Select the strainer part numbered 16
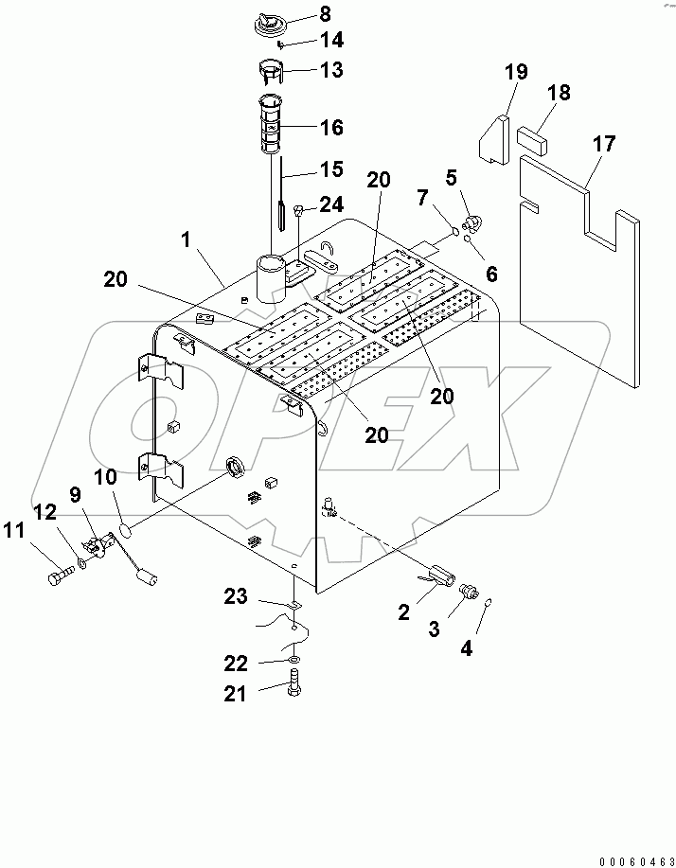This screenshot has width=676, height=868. click(268, 123)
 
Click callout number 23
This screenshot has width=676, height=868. click(236, 597)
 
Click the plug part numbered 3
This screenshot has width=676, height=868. click(466, 592)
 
